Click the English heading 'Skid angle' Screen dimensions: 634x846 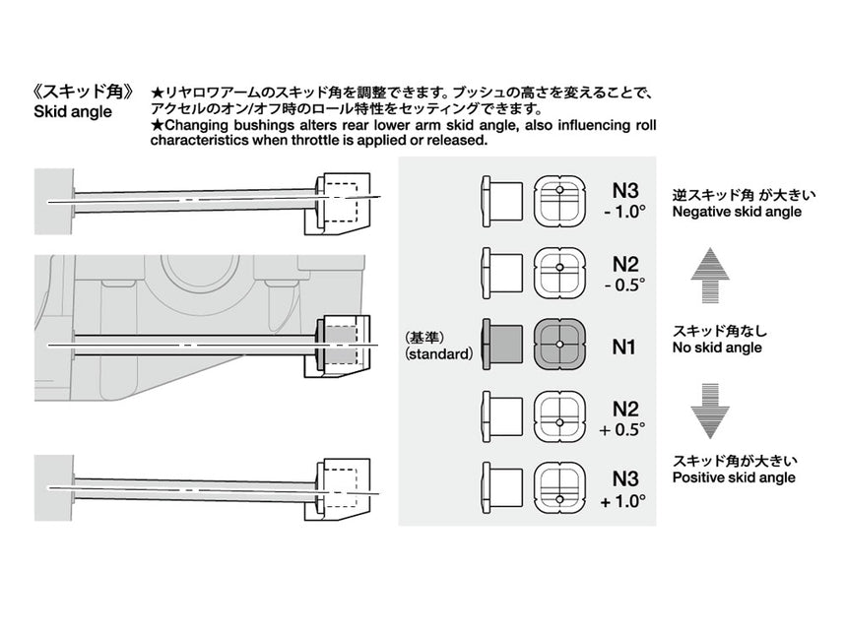click(73, 112)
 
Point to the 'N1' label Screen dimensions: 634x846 click(624, 347)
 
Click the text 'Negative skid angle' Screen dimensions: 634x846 click(736, 213)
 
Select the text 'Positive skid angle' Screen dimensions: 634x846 click(734, 478)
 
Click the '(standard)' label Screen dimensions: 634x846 click(438, 353)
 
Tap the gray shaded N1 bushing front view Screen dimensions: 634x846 click(558, 345)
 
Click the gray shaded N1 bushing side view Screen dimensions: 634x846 click(502, 345)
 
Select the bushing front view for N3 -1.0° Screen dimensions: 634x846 click(558, 201)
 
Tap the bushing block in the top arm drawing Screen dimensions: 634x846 click(342, 202)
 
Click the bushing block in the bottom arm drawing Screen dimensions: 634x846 click(342, 485)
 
